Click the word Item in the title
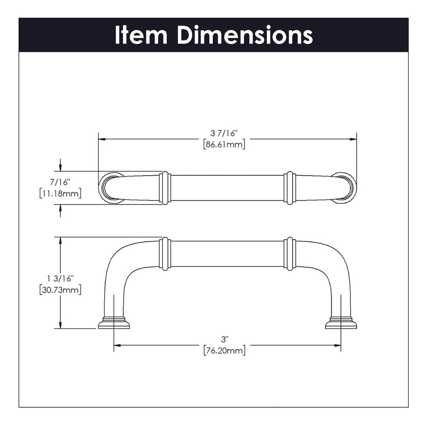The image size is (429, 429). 141,35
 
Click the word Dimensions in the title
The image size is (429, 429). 245,35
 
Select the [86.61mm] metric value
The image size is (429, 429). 224,145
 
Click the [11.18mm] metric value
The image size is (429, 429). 60,194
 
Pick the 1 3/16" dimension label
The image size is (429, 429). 60,278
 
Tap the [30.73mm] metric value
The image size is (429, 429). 60,290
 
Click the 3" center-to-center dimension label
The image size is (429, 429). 224,339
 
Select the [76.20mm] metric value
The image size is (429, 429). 224,350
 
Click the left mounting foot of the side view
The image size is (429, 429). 114,323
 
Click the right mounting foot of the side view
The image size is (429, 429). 341,323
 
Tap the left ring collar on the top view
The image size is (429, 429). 165,188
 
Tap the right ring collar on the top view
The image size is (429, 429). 290,188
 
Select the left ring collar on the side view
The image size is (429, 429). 165,254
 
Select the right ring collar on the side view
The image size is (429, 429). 290,254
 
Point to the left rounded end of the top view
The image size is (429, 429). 109,188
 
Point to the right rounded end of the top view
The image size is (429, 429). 346,188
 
